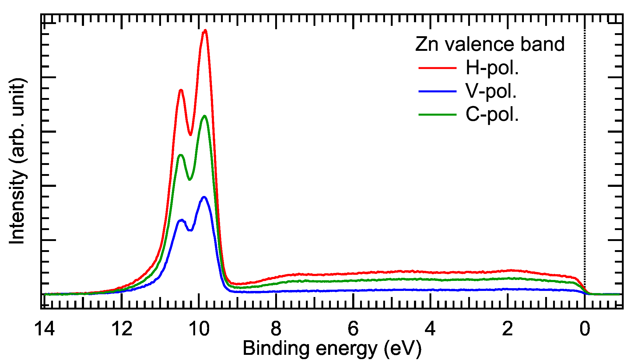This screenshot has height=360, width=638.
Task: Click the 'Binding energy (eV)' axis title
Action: [x=332, y=348]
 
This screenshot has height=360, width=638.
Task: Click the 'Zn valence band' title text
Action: [x=490, y=44]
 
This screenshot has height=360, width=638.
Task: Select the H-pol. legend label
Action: [x=492, y=68]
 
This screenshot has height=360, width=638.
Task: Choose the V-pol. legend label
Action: [x=491, y=91]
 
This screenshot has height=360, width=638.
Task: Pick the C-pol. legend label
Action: [x=492, y=115]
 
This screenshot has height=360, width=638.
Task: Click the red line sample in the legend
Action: [x=437, y=68]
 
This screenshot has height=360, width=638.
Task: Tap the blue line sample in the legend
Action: [x=437, y=91]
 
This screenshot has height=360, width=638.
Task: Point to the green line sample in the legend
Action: [x=437, y=115]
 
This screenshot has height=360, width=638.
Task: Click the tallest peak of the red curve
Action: [x=205, y=30]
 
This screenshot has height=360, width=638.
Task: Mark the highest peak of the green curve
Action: [x=205, y=116]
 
